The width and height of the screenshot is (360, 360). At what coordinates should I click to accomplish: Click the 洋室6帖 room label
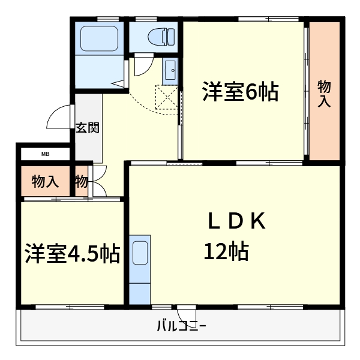239,92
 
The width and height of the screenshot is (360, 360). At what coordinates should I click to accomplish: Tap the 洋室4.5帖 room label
71,254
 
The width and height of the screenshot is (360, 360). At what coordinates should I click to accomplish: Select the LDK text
236,221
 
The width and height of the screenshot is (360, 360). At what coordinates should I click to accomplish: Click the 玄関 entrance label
88,127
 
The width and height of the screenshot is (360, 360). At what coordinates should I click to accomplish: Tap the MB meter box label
46,154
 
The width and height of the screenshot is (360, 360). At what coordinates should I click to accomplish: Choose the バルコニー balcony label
182,327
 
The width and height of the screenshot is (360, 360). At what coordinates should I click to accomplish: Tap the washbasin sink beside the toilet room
169,71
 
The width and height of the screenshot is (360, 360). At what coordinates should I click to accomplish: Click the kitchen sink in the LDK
140,252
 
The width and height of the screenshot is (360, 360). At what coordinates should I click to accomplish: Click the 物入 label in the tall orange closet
324,93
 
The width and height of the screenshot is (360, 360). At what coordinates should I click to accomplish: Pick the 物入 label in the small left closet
45,181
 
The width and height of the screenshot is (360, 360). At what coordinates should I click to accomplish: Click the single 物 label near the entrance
81,181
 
